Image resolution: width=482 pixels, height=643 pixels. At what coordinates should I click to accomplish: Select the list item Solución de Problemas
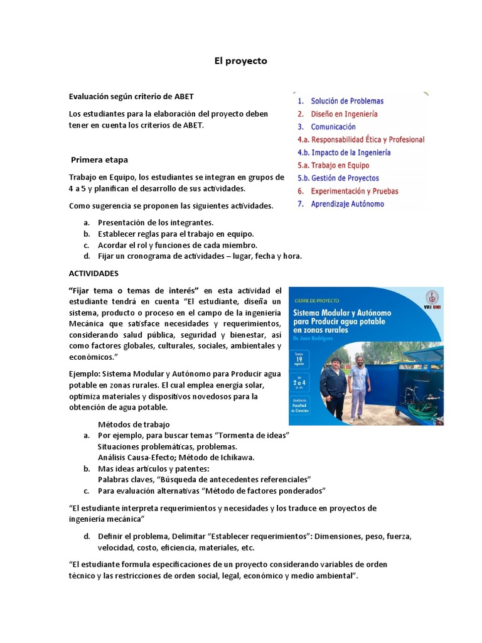click(x=347, y=100)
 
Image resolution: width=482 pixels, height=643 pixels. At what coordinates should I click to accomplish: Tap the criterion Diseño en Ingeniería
click(x=345, y=114)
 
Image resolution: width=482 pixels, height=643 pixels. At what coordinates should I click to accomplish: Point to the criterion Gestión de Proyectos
click(x=345, y=178)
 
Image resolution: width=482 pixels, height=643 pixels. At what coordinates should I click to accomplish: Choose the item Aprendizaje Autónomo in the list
click(x=348, y=204)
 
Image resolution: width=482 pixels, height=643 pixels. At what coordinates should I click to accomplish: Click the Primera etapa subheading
click(x=99, y=159)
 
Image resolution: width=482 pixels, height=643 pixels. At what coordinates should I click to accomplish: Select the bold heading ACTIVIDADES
click(x=93, y=274)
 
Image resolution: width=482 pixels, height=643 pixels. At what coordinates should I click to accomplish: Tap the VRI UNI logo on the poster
click(x=431, y=300)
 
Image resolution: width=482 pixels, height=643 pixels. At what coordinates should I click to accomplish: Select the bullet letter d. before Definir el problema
click(x=86, y=536)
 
